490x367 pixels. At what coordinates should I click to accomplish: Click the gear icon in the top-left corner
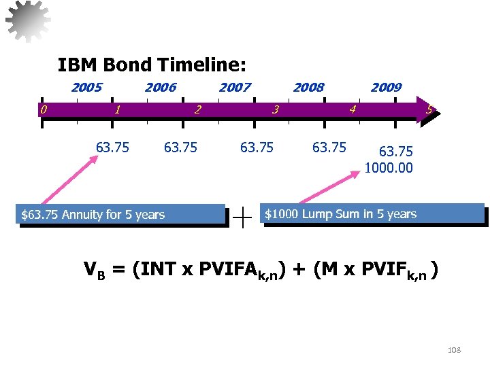[x=28, y=21]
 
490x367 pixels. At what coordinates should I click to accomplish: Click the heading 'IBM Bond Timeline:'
[x=152, y=65]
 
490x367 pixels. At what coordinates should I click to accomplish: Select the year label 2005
[x=86, y=87]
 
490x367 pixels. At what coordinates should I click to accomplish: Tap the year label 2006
[x=161, y=87]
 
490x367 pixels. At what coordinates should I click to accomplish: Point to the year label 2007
[x=235, y=87]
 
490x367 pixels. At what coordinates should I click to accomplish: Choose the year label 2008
[x=308, y=87]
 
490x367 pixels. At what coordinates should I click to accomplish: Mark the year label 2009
[x=386, y=87]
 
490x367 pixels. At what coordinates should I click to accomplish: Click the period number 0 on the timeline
[x=42, y=109]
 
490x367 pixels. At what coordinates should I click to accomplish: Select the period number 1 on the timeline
[x=118, y=109]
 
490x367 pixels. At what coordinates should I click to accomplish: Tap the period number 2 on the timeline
[x=197, y=109]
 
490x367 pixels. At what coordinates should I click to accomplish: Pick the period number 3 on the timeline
[x=275, y=109]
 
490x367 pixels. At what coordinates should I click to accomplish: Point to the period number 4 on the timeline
[x=352, y=109]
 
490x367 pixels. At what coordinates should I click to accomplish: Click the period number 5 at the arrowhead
[x=429, y=109]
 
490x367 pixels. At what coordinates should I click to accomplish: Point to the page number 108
[x=454, y=349]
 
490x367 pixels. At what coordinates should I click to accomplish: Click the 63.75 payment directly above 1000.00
[x=395, y=152]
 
